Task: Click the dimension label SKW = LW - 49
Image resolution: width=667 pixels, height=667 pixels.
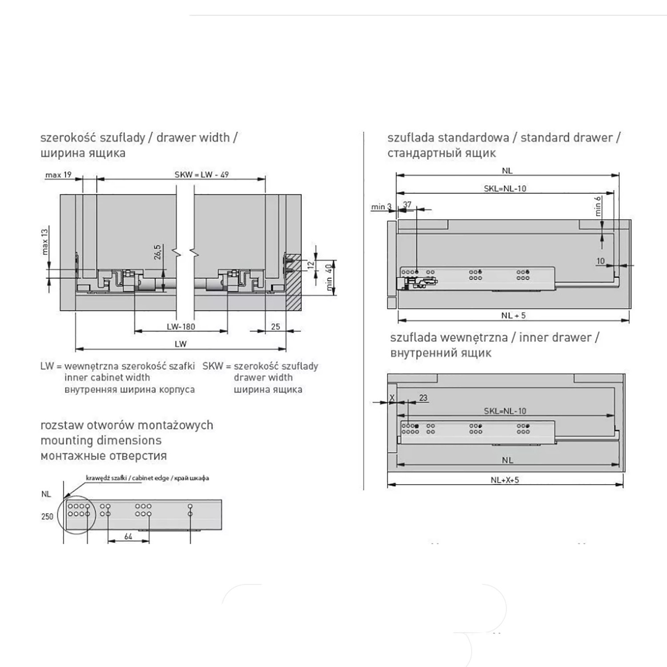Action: coord(201,174)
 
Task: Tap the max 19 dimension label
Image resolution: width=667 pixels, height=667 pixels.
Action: coord(58,175)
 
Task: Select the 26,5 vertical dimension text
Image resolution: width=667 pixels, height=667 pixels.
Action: coord(157,252)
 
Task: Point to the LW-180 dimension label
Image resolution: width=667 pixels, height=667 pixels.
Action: coord(181,326)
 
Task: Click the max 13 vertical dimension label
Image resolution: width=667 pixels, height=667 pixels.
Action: coord(45,241)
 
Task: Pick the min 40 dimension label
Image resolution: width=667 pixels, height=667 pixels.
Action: coord(329,277)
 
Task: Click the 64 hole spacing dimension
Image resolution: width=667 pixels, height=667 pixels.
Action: coord(128,536)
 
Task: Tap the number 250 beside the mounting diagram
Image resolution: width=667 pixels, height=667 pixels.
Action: coord(47,516)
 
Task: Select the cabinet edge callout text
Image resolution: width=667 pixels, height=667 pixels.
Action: coord(147,478)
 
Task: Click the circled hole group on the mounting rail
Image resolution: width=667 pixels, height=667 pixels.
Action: coord(77,514)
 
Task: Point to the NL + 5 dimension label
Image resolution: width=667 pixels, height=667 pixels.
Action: coord(514,315)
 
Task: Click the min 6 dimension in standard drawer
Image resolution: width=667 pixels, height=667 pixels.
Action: coord(598,206)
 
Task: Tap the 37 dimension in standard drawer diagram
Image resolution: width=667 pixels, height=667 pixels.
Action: coord(407,205)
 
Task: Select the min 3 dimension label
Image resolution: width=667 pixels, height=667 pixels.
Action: coord(382,207)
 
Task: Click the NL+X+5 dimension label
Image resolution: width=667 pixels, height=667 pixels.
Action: coord(505,480)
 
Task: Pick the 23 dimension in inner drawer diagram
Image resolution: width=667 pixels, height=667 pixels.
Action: coord(423,398)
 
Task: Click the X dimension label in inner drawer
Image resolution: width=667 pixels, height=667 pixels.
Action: coord(392,398)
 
